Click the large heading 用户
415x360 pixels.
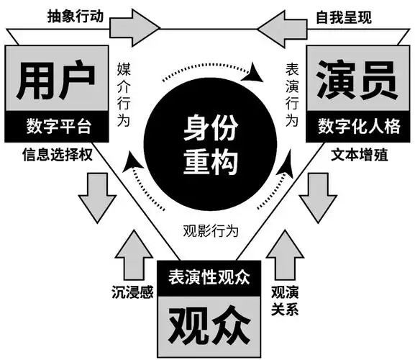(56, 80)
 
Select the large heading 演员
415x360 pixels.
(357, 80)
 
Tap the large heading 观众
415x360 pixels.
(209, 325)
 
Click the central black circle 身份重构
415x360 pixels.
(210, 144)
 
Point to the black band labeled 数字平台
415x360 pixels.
(57, 127)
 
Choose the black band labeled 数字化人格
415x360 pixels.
(358, 126)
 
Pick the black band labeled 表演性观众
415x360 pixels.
(209, 278)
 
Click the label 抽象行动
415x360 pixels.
(76, 17)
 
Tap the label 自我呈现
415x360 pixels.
(344, 17)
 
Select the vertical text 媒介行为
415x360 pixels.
(124, 94)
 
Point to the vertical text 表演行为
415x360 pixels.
(292, 94)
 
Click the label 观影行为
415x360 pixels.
(211, 230)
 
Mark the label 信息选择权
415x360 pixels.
(58, 155)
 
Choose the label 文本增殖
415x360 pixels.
(359, 155)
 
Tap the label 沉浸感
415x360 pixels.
(132, 292)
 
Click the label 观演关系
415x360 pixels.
(285, 301)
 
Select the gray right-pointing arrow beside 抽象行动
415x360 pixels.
(134, 28)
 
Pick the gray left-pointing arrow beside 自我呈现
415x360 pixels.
(282, 29)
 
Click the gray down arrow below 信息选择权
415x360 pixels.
(97, 198)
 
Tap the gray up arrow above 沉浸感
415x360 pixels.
(134, 255)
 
